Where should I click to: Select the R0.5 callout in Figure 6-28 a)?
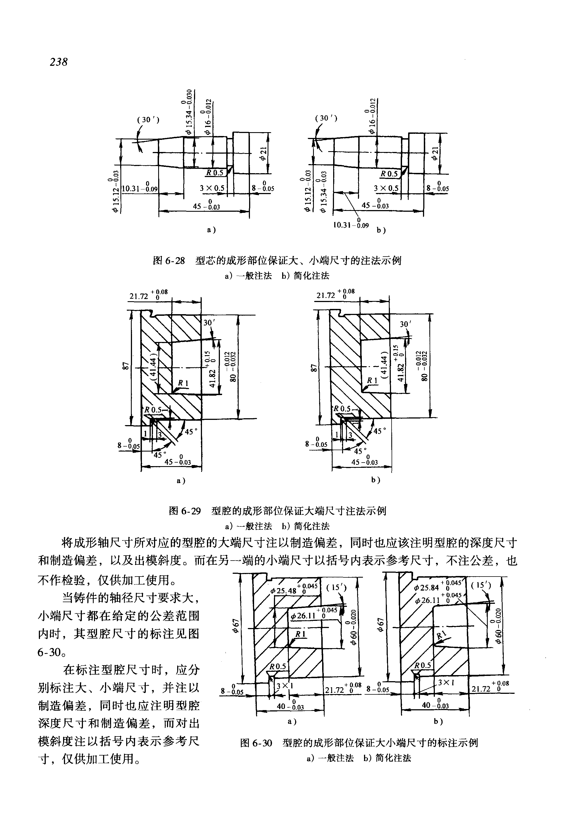[215, 172]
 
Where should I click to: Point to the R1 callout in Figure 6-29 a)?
[183, 383]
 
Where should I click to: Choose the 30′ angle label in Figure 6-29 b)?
[405, 324]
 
